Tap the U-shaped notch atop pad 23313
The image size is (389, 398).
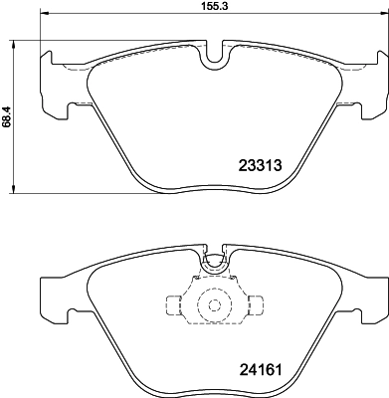point(212,61)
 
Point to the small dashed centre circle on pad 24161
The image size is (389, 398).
point(212,305)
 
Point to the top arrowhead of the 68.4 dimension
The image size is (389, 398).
point(13,45)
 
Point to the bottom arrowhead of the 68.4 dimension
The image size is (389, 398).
point(13,192)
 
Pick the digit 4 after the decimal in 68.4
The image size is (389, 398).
point(6,107)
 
